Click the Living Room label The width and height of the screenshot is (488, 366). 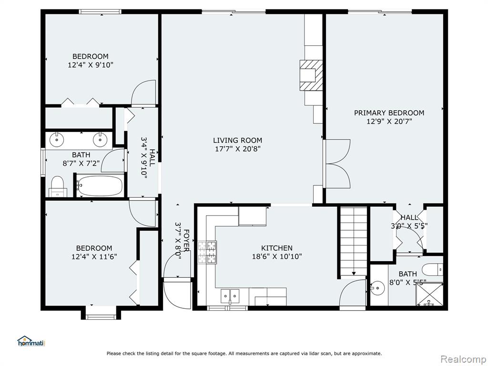click(237, 141)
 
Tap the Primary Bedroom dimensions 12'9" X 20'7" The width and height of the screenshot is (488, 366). click(389, 122)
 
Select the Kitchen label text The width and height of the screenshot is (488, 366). click(277, 248)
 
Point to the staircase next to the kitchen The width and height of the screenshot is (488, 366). click(354, 241)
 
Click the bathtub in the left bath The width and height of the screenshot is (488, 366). click(100, 186)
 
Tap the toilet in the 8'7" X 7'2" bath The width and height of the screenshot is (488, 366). click(58, 187)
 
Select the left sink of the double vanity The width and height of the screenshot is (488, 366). click(57, 140)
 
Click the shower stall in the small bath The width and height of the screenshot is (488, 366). click(429, 294)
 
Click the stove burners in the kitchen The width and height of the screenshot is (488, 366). click(207, 252)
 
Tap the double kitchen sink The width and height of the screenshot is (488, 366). click(230, 295)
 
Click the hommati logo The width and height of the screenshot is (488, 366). click(31, 341)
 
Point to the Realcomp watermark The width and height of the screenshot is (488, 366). click(462, 359)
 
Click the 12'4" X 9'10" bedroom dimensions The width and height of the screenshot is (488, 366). click(90, 65)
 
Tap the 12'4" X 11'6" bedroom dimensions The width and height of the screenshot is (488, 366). click(94, 257)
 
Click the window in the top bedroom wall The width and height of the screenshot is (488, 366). click(100, 12)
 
